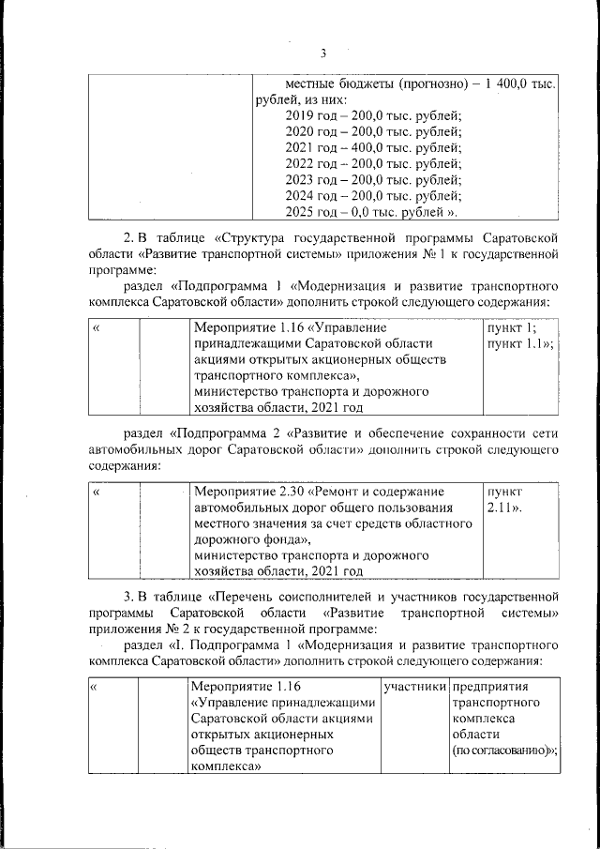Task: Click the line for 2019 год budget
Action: tap(372, 115)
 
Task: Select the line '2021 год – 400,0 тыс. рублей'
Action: tap(372, 147)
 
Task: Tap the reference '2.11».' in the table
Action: tap(503, 508)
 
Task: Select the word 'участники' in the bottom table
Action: tap(413, 687)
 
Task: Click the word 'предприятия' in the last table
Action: tap(490, 687)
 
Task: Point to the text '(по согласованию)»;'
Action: tap(504, 750)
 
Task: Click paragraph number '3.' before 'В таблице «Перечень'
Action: tap(129, 596)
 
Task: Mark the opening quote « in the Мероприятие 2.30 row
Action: tap(97, 492)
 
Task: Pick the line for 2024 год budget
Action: tap(372, 195)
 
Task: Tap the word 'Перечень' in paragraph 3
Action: tap(246, 596)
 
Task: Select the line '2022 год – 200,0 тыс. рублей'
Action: tap(372, 163)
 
